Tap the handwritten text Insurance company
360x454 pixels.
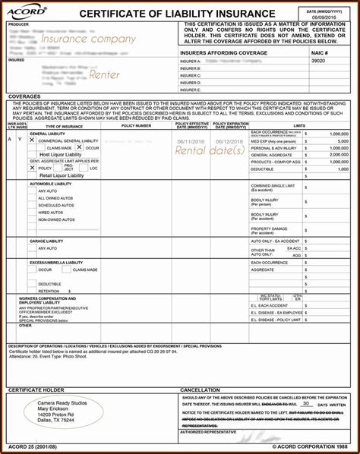pyautogui.click(x=88, y=39)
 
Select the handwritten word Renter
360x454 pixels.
pyautogui.click(x=104, y=74)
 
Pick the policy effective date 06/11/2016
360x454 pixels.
pyautogui.click(x=191, y=141)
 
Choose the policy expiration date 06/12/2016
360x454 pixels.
pyautogui.click(x=229, y=141)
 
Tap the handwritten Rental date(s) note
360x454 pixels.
pyautogui.click(x=210, y=150)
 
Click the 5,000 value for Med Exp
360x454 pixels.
pyautogui.click(x=338, y=141)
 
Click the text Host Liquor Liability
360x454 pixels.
pyautogui.click(x=62, y=154)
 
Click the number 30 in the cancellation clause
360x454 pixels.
pyautogui.click(x=306, y=403)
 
